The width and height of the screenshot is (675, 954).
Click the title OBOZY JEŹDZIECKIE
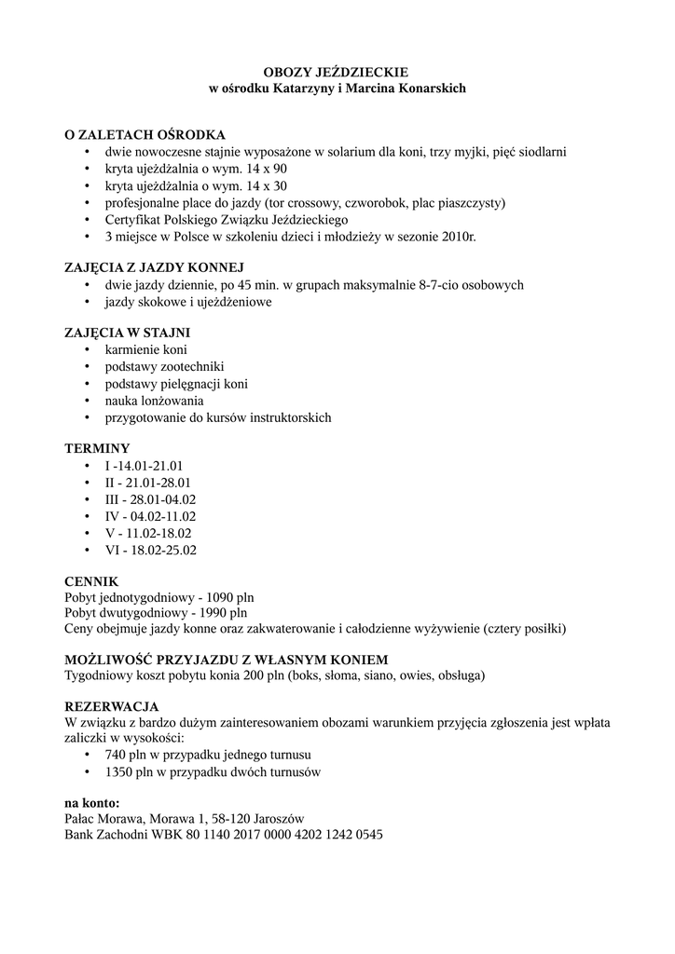pyautogui.click(x=336, y=72)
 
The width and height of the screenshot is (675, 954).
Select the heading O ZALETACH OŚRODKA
pyautogui.click(x=145, y=134)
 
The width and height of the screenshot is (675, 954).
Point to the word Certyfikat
pyautogui.click(x=134, y=220)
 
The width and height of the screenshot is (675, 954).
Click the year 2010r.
pyautogui.click(x=457, y=238)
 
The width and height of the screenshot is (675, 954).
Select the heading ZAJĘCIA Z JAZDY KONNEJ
pyautogui.click(x=154, y=267)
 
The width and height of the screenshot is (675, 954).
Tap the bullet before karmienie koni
pyautogui.click(x=86, y=350)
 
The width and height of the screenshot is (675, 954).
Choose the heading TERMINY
pyautogui.click(x=97, y=448)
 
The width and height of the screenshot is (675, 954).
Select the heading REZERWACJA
pyautogui.click(x=111, y=706)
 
